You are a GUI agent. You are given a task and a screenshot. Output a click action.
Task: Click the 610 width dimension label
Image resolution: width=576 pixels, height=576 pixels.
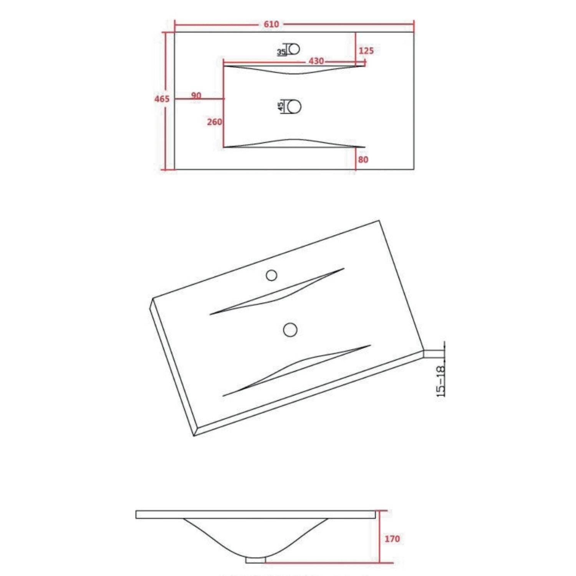(271, 24)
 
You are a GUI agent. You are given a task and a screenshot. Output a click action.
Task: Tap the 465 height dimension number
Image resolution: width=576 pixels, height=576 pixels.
(162, 99)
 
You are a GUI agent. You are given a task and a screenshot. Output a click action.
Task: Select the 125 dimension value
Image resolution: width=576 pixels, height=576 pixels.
(366, 51)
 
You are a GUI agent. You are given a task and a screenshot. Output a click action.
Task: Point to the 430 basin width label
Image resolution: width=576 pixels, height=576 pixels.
(316, 61)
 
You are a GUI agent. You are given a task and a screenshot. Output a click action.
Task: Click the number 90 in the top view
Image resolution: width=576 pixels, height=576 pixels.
(196, 95)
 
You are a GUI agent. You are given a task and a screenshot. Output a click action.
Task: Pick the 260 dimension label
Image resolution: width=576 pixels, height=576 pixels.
(214, 122)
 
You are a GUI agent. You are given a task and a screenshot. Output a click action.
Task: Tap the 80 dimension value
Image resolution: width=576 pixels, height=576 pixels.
(363, 159)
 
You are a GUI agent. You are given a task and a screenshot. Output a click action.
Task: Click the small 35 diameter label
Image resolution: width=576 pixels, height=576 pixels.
(281, 52)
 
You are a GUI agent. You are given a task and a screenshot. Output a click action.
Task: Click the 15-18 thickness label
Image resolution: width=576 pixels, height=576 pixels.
(441, 381)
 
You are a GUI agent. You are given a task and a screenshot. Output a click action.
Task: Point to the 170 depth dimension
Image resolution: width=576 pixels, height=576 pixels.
(392, 539)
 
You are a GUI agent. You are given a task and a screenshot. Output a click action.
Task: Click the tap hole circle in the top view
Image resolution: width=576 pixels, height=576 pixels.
(295, 49)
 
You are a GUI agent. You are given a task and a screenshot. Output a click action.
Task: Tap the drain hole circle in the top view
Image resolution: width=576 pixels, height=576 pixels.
(294, 106)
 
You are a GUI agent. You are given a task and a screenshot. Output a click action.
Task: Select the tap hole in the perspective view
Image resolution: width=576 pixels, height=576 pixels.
(271, 275)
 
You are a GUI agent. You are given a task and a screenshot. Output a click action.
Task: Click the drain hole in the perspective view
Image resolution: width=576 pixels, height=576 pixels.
(290, 330)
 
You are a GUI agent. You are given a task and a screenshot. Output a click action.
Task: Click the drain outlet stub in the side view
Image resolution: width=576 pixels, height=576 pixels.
(255, 559)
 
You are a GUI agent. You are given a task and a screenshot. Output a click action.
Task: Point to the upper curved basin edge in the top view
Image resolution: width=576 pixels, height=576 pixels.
(294, 73)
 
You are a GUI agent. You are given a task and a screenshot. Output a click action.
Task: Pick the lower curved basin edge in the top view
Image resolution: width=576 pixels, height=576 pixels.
(294, 139)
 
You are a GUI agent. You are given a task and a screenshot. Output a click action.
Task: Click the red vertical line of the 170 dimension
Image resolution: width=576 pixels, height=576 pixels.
(379, 537)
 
